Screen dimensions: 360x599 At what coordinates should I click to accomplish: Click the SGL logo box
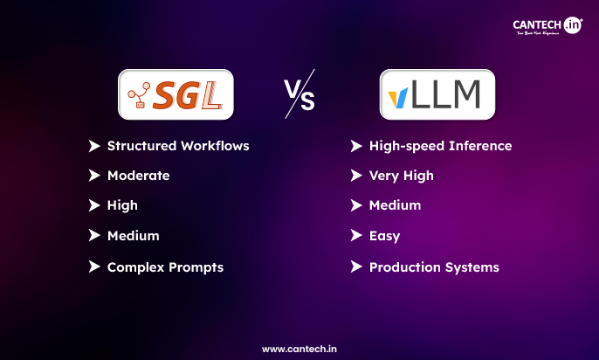tap(176, 94)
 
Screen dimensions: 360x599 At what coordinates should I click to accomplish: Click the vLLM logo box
tap(437, 94)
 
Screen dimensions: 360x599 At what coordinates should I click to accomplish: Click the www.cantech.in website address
tap(299, 348)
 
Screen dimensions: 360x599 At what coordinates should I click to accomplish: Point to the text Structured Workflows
tap(178, 145)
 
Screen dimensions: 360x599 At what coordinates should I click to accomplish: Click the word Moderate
tap(138, 176)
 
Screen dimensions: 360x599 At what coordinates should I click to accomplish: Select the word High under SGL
tap(122, 205)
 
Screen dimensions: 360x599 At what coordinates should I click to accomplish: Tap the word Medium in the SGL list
tap(133, 236)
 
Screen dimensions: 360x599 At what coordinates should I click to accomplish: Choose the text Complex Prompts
tap(165, 267)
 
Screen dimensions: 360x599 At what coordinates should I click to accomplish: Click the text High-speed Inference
tap(440, 145)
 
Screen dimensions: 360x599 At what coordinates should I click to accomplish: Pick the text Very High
tap(401, 176)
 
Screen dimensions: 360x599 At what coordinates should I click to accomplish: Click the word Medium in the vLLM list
tap(395, 205)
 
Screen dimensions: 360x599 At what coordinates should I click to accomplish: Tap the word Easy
tap(385, 236)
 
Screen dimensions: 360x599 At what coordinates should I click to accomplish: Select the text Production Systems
tap(434, 267)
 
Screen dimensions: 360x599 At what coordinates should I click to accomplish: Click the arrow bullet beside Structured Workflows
tap(94, 145)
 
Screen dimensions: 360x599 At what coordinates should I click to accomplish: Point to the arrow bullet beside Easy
tap(356, 236)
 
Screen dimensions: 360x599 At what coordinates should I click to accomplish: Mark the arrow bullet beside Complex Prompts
tap(94, 267)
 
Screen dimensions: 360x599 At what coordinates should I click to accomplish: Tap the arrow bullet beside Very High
tap(356, 176)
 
